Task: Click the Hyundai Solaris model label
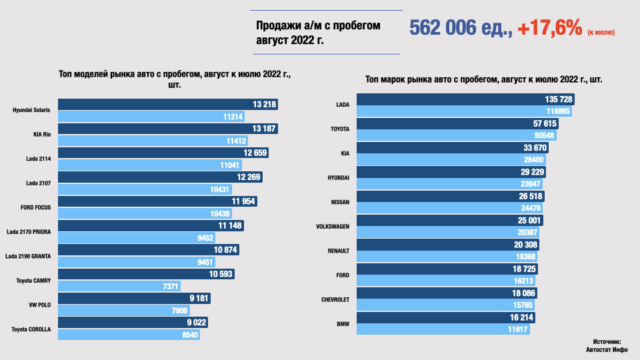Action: [x=33, y=110]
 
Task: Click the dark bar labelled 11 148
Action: [x=150, y=225]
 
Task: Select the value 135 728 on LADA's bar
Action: [x=559, y=99]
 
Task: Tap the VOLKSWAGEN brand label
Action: [x=333, y=227]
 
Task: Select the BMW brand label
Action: [x=343, y=323]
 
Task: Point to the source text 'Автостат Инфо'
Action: [x=606, y=349]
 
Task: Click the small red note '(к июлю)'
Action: [x=601, y=32]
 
